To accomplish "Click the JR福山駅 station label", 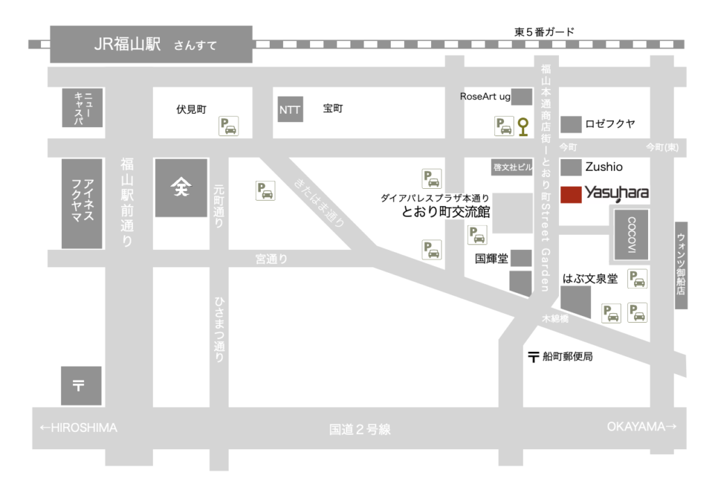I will click(x=127, y=45).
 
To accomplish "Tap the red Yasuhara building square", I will click(x=572, y=194).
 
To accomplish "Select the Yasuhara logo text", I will click(x=616, y=192).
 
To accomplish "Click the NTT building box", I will click(x=290, y=110).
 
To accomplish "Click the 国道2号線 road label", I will click(x=360, y=429).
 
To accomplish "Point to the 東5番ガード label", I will click(x=544, y=32).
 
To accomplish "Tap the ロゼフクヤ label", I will click(x=610, y=124).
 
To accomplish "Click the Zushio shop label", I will click(x=604, y=167).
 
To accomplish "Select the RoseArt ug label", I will click(x=485, y=97).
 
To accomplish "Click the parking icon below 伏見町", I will click(x=228, y=126).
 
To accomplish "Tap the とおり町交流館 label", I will click(x=446, y=212).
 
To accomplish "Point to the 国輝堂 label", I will click(x=492, y=258).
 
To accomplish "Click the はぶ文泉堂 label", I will click(x=590, y=278).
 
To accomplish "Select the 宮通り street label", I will click(x=271, y=259).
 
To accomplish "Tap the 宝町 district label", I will click(x=333, y=109).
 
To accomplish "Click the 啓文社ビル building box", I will click(x=512, y=167).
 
